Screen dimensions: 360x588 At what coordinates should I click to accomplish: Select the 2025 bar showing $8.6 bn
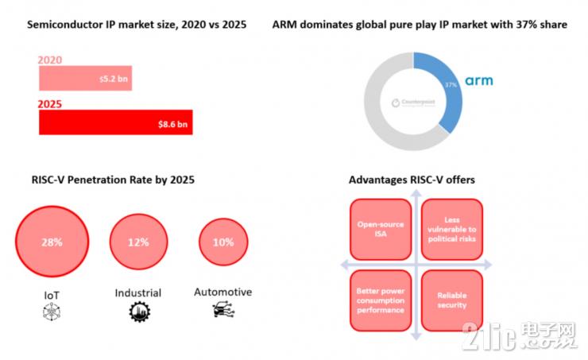pos(115,122)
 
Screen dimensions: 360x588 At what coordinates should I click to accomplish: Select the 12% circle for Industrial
pos(138,242)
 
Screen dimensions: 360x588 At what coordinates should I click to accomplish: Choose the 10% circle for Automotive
pos(223,242)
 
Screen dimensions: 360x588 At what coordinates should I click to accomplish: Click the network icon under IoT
pos(51,314)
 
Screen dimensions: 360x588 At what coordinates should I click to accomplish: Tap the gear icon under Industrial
pos(139,312)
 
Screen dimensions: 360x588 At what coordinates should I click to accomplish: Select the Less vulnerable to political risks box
pos(451,230)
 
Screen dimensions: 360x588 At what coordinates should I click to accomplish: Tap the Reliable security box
pos(451,300)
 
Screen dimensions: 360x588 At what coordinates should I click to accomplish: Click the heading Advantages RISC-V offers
pos(412,180)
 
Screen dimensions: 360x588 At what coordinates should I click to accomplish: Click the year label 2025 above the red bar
pos(52,103)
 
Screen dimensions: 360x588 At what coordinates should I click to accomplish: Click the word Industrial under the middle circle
pos(139,293)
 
